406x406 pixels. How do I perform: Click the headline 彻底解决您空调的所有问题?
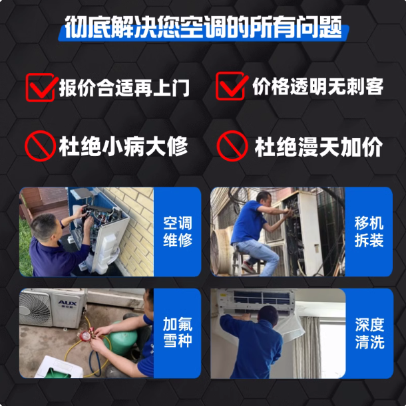(203, 27)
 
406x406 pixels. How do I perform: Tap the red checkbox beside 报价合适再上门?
(41, 87)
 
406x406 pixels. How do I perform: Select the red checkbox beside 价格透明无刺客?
(232, 86)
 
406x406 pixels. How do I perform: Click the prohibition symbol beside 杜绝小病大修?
(40, 146)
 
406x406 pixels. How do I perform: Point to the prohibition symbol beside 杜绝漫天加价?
(232, 146)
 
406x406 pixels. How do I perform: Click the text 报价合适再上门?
(124, 88)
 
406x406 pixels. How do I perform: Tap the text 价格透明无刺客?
(317, 86)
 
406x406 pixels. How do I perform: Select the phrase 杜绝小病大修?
(124, 146)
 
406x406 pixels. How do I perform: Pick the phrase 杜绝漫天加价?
(319, 146)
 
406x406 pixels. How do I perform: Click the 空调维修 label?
(178, 231)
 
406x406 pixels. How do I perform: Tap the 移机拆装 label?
(369, 231)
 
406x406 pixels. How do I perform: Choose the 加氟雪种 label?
(178, 332)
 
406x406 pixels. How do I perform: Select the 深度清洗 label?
(369, 334)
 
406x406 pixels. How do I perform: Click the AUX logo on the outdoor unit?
(67, 303)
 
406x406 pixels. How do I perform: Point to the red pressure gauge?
(85, 336)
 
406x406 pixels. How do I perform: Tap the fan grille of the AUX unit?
(35, 309)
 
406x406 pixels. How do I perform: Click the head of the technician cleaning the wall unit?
(268, 314)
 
